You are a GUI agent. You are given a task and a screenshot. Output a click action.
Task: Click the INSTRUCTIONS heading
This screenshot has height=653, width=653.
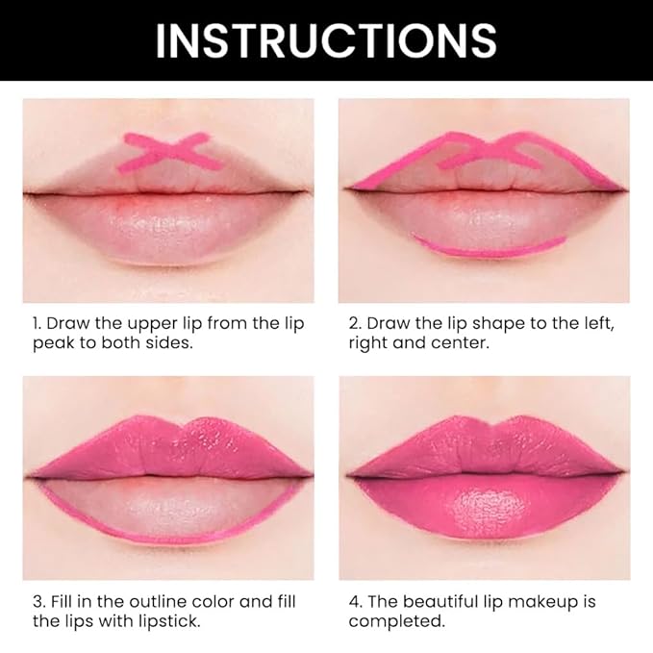[x=326, y=39]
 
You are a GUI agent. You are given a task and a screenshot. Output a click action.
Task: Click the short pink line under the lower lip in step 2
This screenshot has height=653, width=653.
[x=489, y=247]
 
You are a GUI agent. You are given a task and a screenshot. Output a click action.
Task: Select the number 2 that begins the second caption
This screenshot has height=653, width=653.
[x=354, y=323]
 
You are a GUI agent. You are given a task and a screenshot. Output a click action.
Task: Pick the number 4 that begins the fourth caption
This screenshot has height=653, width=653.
[x=354, y=601]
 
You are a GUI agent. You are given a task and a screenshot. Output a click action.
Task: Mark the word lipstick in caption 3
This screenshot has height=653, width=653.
[x=157, y=621]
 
